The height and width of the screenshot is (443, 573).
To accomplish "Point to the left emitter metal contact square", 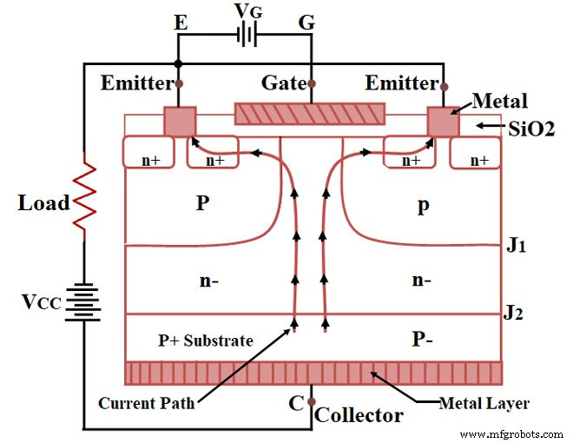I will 180,122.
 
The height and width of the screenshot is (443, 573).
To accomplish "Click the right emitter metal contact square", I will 443,122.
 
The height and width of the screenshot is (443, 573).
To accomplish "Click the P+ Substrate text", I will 206,341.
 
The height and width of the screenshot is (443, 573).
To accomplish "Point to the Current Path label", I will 146,403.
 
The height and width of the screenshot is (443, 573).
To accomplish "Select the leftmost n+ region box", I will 151,153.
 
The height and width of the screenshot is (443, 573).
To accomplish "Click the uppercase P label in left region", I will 202,202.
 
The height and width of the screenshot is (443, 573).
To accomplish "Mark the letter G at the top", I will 306,23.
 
